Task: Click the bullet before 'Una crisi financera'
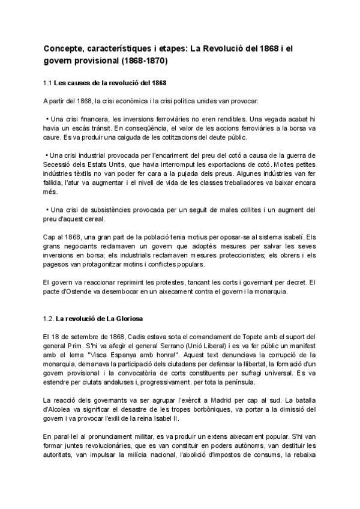[47, 118]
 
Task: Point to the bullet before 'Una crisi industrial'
[47, 155]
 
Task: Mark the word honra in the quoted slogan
[157, 355]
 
